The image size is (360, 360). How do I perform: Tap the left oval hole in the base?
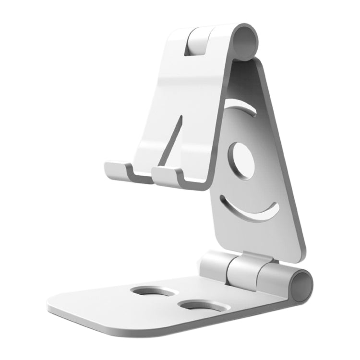pyautogui.click(x=153, y=292)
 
